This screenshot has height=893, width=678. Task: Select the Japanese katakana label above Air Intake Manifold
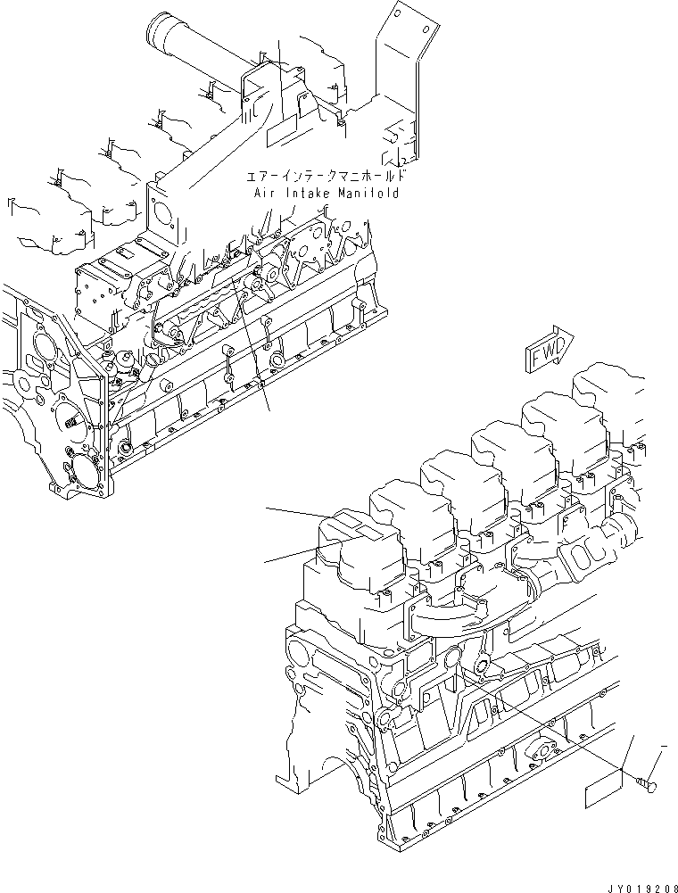click(x=315, y=177)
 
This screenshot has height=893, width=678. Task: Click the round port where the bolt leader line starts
click(x=483, y=668)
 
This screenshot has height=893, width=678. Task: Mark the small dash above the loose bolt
click(x=664, y=745)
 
